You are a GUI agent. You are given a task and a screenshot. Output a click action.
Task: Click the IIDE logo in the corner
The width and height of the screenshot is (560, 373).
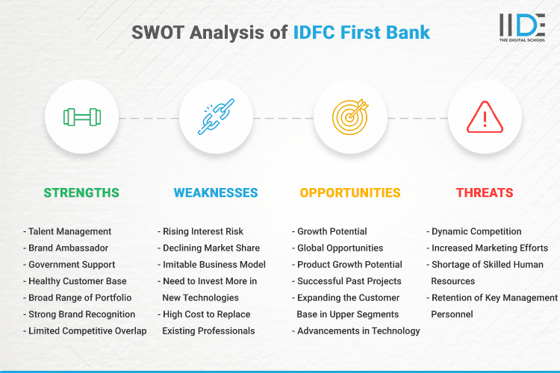522,28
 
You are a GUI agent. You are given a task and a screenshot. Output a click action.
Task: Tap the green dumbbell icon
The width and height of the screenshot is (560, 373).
81,117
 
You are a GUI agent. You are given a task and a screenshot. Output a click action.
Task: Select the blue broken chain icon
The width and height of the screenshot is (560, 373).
216,117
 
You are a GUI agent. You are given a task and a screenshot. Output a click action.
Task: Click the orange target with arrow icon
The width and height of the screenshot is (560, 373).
350,117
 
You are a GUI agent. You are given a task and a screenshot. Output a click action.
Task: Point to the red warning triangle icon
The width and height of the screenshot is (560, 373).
485,117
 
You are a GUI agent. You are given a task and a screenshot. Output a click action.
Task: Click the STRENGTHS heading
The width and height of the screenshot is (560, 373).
81,192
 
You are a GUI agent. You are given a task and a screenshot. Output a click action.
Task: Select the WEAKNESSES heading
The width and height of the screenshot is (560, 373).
216,192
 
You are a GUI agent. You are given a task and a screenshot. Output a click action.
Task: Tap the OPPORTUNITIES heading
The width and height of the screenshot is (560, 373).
350,192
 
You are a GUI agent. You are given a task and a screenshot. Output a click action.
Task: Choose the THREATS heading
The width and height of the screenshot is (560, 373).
485,192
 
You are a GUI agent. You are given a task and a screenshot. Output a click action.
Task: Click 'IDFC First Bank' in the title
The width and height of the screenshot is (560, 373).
361,33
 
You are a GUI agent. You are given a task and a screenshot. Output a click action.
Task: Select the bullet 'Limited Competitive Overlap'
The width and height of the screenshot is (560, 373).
86,330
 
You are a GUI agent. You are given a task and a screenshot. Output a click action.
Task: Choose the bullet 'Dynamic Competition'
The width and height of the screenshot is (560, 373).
476,231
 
